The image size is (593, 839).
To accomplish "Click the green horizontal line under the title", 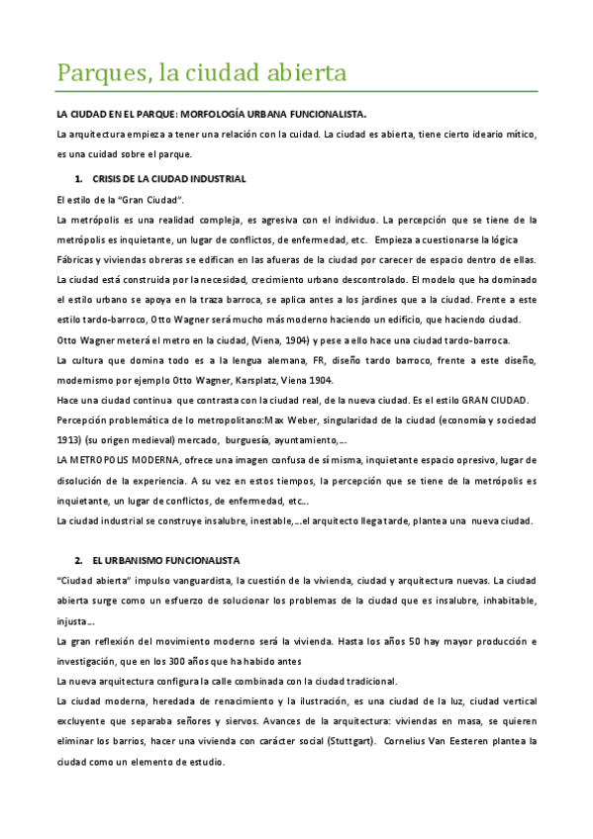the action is click(x=296, y=91).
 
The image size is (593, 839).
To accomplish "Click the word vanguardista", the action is click(x=189, y=581).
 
